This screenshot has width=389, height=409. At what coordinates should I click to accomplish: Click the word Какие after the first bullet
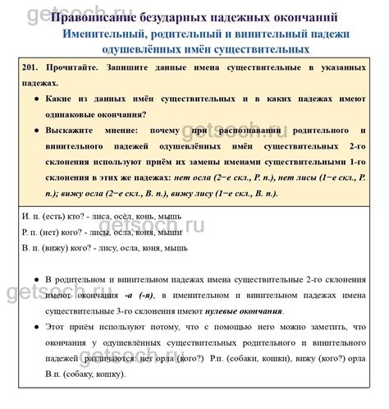pyautogui.click(x=63, y=101)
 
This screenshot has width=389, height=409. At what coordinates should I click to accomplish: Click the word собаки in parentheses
pyautogui.click(x=240, y=358)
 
